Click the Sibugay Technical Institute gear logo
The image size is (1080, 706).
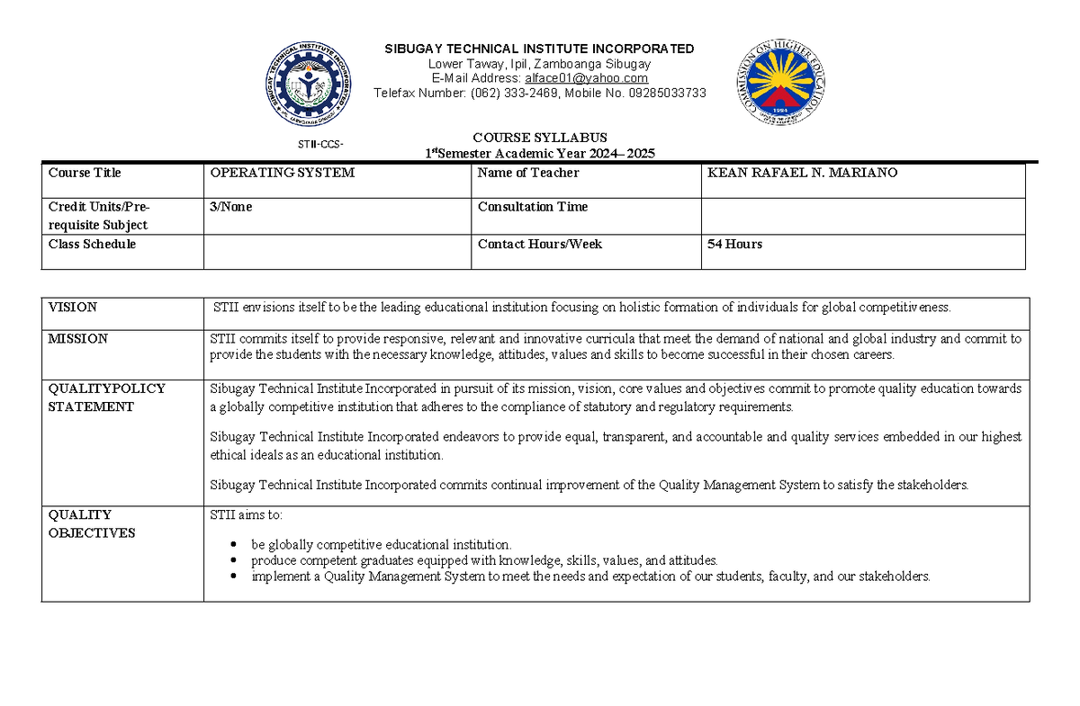coord(309,86)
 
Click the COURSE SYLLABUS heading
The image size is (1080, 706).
coord(540,138)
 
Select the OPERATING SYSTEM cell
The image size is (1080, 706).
coord(283,173)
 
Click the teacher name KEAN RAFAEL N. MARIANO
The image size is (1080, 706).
coord(802,173)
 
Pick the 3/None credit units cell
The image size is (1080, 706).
coord(231,207)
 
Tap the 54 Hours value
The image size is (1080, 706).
coord(734,244)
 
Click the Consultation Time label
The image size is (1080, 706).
coord(532,207)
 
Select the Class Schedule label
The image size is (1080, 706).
coord(92,244)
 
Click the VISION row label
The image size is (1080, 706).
coord(73,308)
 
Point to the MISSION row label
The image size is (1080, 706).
coord(77,339)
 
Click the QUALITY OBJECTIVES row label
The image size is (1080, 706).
coord(91,523)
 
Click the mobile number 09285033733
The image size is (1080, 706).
coord(661,94)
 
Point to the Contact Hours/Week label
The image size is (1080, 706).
coord(539,244)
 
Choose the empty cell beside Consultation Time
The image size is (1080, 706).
coord(862,216)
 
